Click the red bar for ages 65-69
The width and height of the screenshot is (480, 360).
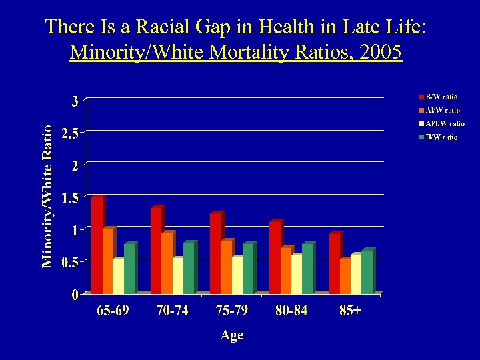97,245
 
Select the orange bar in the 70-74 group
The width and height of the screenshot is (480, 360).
167,263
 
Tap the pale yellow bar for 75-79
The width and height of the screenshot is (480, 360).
237,275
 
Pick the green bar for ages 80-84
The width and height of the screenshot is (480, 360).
307,269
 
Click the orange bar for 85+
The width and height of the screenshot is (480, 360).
345,276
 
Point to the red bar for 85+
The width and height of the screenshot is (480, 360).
334,264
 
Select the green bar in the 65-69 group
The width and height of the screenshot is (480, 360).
129,269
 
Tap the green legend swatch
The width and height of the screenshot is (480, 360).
421,137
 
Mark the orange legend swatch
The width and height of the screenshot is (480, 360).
421,111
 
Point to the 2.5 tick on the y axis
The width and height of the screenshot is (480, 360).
69,133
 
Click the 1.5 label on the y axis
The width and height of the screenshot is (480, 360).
69,197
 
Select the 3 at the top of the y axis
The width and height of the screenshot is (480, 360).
75,101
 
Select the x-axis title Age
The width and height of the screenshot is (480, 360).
232,335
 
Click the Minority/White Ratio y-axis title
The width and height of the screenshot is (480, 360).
47,196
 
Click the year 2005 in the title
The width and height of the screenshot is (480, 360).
380,52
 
